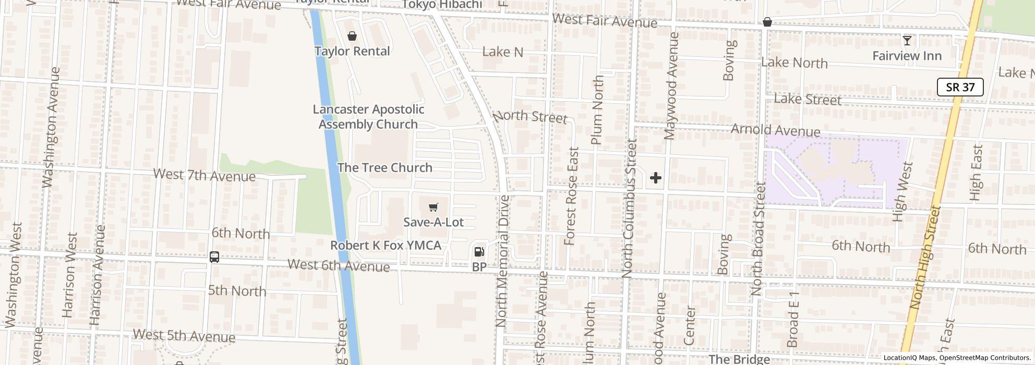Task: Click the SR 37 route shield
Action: pyautogui.click(x=960, y=87)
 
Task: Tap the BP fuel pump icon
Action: pyautogui.click(x=479, y=252)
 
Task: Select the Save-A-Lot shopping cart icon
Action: pyautogui.click(x=433, y=208)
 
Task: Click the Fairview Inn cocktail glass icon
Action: pyautogui.click(x=907, y=41)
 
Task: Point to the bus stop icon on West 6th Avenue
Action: pyautogui.click(x=214, y=257)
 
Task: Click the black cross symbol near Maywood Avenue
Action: pyautogui.click(x=655, y=178)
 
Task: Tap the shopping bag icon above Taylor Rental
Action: pyautogui.click(x=352, y=36)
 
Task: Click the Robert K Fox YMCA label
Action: pyautogui.click(x=386, y=246)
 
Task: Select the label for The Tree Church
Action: pyautogui.click(x=384, y=167)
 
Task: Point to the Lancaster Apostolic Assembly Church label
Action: pyautogui.click(x=368, y=117)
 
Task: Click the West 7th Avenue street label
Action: pyautogui.click(x=204, y=175)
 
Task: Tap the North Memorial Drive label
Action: pyautogui.click(x=502, y=261)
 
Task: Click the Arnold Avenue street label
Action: pyautogui.click(x=775, y=130)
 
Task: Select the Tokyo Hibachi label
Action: pyautogui.click(x=442, y=5)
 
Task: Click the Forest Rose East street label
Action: pyautogui.click(x=572, y=196)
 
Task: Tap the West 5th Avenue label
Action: pyautogui.click(x=184, y=335)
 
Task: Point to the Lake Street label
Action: pyautogui.click(x=807, y=99)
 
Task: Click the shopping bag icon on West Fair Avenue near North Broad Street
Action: pyautogui.click(x=767, y=22)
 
